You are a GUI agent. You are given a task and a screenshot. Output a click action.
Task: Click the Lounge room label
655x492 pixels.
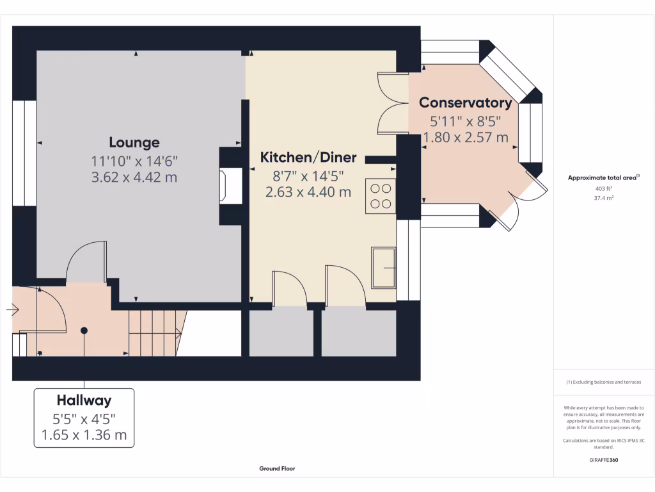(x=134, y=142)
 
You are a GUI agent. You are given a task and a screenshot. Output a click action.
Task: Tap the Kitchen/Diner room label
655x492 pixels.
(x=308, y=158)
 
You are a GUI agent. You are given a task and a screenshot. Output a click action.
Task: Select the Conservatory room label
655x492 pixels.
(x=465, y=102)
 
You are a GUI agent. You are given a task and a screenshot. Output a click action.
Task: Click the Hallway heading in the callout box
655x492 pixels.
(x=84, y=400)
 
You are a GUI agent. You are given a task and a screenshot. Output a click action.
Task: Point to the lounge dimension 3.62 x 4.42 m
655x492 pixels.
(x=134, y=177)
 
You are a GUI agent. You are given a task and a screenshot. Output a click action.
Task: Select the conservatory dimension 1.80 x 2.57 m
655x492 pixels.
(x=465, y=137)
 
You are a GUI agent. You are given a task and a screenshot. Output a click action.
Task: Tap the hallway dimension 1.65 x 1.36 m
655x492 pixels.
(x=84, y=436)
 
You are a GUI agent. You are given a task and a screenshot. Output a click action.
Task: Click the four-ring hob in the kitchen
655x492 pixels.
(x=381, y=196)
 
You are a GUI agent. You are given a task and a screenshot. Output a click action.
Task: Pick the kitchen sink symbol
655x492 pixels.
(x=383, y=268)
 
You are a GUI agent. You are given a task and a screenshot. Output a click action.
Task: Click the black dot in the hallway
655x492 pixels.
(x=84, y=330)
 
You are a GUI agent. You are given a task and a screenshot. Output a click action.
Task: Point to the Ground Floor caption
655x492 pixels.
(x=277, y=468)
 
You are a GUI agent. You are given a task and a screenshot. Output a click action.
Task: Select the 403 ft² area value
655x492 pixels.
(x=604, y=189)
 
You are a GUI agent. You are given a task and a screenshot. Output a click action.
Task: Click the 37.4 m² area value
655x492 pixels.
(x=604, y=199)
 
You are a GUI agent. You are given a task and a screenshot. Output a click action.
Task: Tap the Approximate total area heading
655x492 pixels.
(x=603, y=178)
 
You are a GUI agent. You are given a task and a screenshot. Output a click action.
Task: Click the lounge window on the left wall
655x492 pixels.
(x=24, y=153)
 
